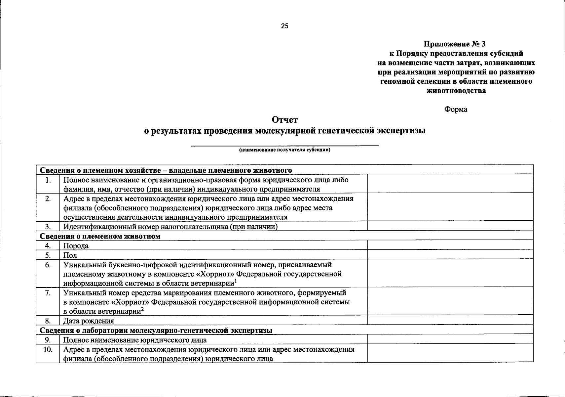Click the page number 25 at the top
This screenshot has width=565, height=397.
[284, 26]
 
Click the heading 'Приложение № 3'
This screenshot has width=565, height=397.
[455, 44]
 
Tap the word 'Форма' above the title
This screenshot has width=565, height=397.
[456, 109]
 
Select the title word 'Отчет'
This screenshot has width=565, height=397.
[284, 119]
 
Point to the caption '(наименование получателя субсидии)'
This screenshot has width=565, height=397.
[284, 150]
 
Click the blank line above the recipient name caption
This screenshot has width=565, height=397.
[284, 145]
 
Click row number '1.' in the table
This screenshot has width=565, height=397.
[48, 180]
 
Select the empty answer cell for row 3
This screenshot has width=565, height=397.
[450, 226]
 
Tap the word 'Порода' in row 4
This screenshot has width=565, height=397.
[76, 246]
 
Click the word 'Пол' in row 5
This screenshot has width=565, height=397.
[70, 255]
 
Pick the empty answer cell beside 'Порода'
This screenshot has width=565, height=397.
[450, 245]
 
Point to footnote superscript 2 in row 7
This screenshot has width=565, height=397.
[142, 309]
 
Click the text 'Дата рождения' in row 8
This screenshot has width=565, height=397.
[89, 321]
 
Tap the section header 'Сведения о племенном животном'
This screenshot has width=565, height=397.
[100, 236]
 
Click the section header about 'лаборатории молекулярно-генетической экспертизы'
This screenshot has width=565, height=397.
[156, 330]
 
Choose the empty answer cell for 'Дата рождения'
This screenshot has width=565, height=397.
[450, 320]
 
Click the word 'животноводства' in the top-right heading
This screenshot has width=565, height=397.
[456, 91]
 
